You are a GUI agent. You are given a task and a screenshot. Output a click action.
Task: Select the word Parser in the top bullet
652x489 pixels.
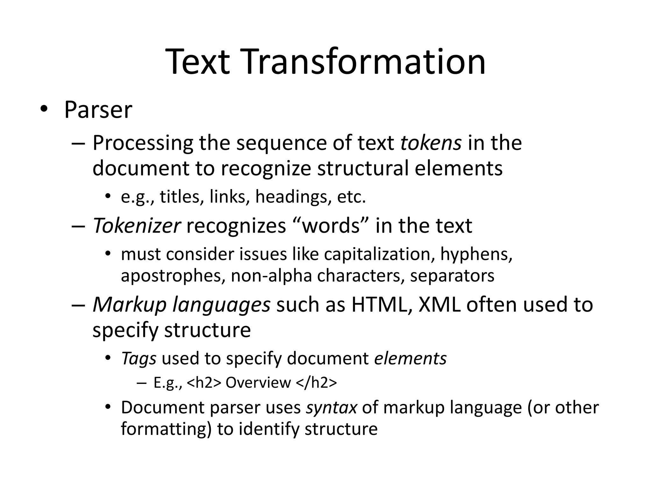(x=98, y=110)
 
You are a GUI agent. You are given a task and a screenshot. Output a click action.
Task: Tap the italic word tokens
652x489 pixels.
(x=431, y=143)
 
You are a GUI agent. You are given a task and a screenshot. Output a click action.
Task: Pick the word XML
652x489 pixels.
(x=439, y=305)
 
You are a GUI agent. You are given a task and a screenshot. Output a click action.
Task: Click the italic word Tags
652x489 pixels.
(x=139, y=358)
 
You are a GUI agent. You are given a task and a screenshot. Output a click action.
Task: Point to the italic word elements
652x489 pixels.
(x=410, y=358)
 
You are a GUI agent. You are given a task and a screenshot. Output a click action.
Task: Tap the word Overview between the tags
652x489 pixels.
(x=258, y=383)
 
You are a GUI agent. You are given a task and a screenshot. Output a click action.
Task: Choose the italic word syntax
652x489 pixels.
(x=331, y=407)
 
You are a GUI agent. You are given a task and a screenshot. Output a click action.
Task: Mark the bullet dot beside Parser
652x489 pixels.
(x=43, y=109)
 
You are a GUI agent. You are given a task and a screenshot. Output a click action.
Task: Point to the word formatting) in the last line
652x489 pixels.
(x=166, y=429)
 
